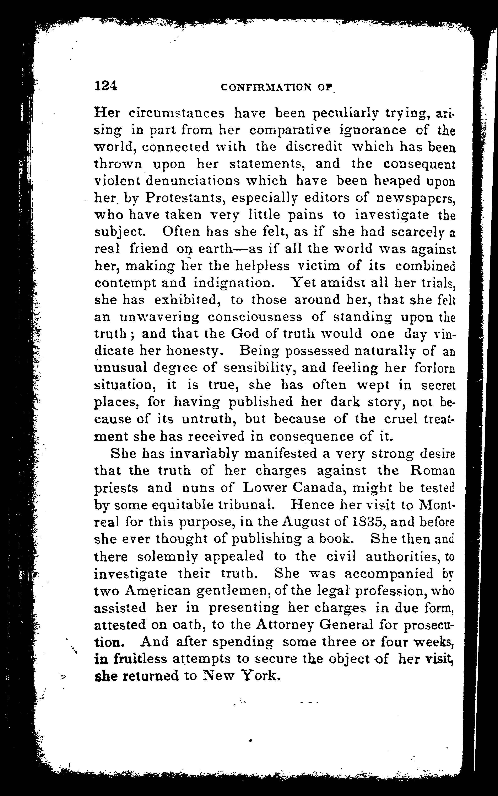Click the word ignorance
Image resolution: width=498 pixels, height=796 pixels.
pos(373,130)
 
